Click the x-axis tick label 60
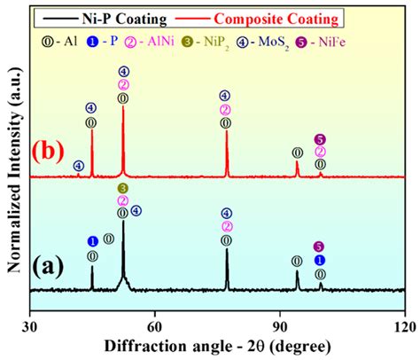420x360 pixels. coord(155,325)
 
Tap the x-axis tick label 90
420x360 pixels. coord(280,325)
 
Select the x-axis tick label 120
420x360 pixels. coord(404,325)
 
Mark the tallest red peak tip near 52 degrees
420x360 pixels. coord(122,108)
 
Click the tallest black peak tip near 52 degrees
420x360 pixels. coord(122,222)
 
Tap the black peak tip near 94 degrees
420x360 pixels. coord(297,270)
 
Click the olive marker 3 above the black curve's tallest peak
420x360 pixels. coord(122,189)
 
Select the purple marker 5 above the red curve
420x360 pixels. coord(320,139)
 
